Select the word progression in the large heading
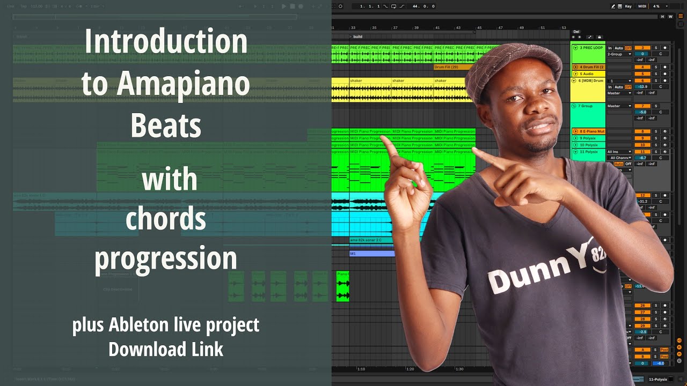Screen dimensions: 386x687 pos(165,258)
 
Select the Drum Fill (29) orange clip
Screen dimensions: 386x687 pos(447,67)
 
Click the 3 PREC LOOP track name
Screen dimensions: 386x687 pos(591,48)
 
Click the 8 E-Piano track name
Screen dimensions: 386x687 pos(591,131)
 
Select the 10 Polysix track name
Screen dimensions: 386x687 pos(589,145)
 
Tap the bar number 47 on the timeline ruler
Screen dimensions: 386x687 pos(500,27)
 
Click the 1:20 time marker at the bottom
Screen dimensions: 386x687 pos(410,369)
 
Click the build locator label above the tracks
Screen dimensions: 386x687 pos(357,36)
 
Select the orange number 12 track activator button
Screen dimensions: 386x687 pos(642,196)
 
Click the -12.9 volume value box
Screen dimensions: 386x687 pos(642,86)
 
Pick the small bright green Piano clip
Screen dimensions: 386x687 pos(342,286)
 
